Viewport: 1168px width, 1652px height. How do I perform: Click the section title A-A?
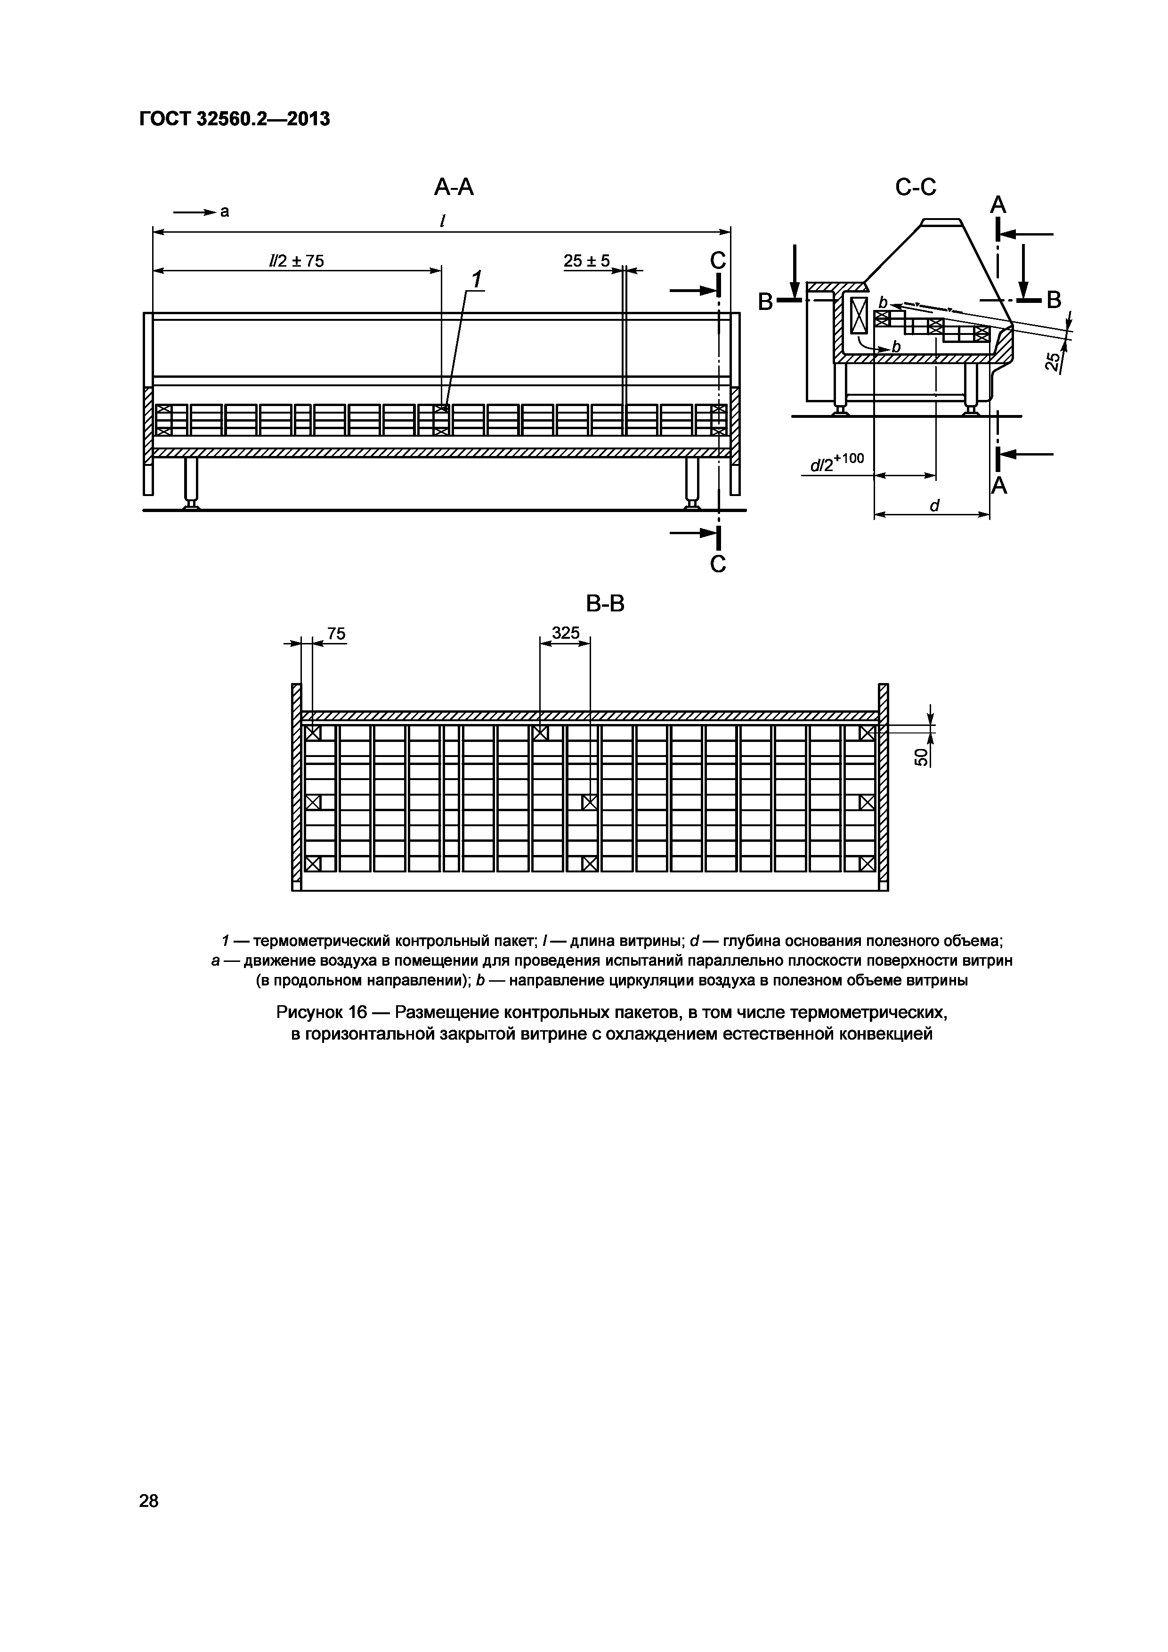point(454,188)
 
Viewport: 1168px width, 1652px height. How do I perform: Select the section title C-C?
point(916,188)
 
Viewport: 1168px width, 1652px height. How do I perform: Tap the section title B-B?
point(605,604)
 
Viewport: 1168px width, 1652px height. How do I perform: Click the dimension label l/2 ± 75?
point(296,261)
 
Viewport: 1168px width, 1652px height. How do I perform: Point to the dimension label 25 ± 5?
point(586,260)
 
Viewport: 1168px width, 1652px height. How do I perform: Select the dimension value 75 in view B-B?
point(336,634)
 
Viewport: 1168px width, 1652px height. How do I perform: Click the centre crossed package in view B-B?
point(590,802)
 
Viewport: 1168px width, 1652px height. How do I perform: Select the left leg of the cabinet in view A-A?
point(191,482)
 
